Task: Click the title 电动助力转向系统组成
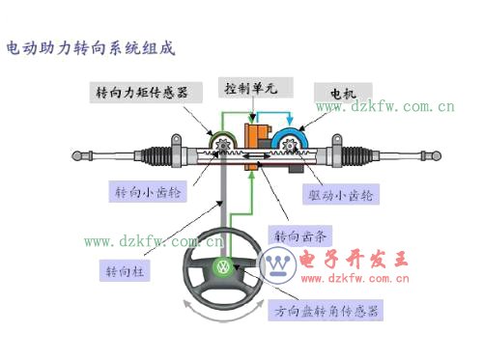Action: (91, 48)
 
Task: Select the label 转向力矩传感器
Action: (146, 93)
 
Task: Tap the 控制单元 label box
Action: (256, 88)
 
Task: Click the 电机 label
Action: (343, 94)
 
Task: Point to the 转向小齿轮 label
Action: (148, 192)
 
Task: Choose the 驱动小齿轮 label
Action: (341, 194)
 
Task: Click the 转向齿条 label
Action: (300, 236)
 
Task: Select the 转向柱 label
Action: (125, 270)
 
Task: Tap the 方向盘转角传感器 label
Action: (326, 311)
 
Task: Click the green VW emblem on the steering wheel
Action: (222, 266)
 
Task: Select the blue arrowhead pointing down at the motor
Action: (290, 121)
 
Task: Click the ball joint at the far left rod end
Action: (77, 155)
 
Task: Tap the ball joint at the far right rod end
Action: (436, 155)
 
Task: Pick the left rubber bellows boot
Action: (156, 156)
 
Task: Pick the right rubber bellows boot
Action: (356, 156)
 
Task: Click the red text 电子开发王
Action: (354, 260)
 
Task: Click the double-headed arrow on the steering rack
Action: (257, 156)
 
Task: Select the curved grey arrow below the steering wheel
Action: (223, 318)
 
